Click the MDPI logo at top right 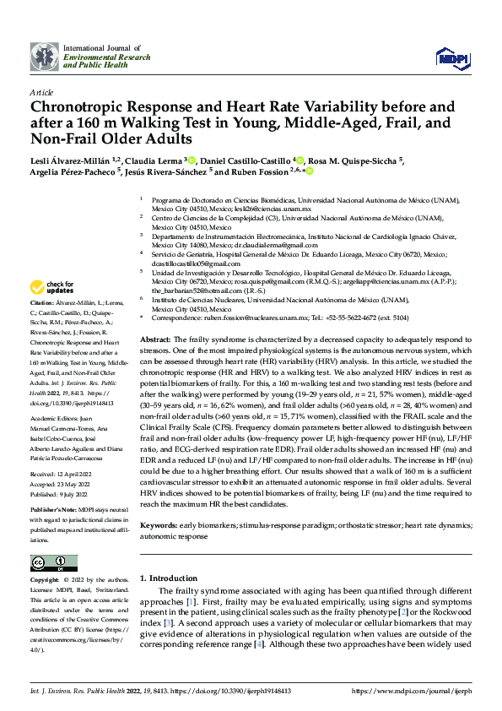click(448, 57)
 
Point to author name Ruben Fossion click(260, 172)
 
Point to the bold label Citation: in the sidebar click(41, 302)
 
